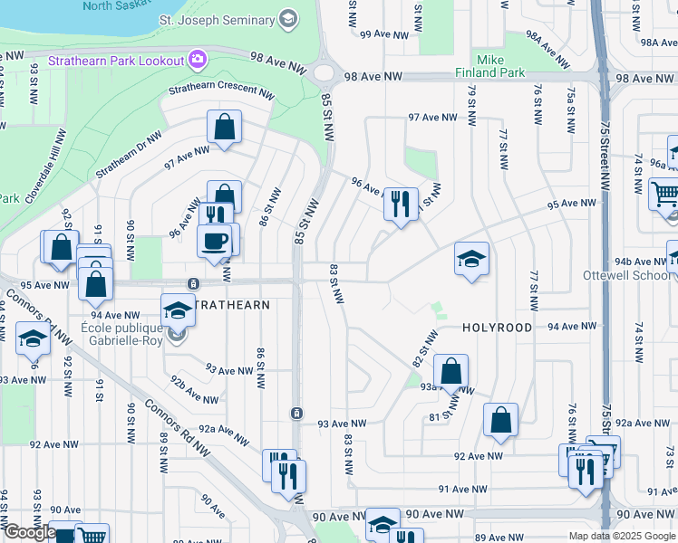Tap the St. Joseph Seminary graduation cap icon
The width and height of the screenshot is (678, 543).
[x=288, y=19]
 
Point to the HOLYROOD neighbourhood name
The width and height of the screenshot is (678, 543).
[x=498, y=328]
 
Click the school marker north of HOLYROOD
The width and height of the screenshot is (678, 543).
[x=471, y=260]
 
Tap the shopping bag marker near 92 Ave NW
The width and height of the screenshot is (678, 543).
[x=499, y=421]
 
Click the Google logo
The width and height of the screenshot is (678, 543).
[x=29, y=532]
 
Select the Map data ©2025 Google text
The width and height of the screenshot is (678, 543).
[x=621, y=536]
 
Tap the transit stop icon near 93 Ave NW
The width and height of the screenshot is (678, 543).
[x=296, y=414]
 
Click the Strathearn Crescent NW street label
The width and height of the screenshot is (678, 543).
[x=222, y=92]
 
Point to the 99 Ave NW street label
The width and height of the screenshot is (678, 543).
[x=381, y=34]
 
